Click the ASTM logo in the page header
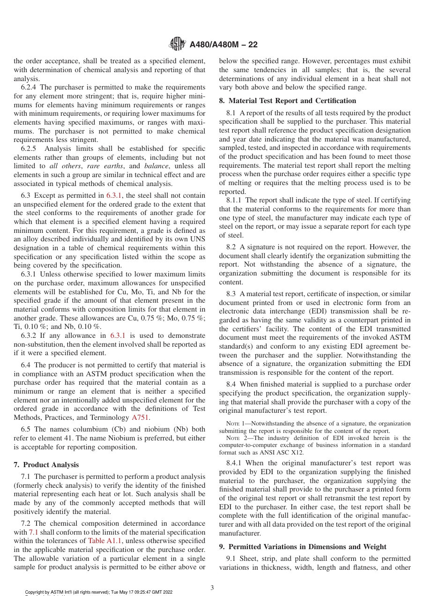coord(178,45)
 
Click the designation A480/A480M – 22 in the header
coord(223,45)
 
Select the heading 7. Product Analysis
coord(51,465)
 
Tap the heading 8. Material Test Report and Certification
coord(288,101)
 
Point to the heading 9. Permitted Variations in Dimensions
coord(303,547)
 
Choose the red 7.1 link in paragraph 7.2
coord(34,532)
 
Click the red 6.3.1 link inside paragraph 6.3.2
coord(118,335)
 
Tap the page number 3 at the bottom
coord(212,587)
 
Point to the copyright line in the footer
coord(98,592)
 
